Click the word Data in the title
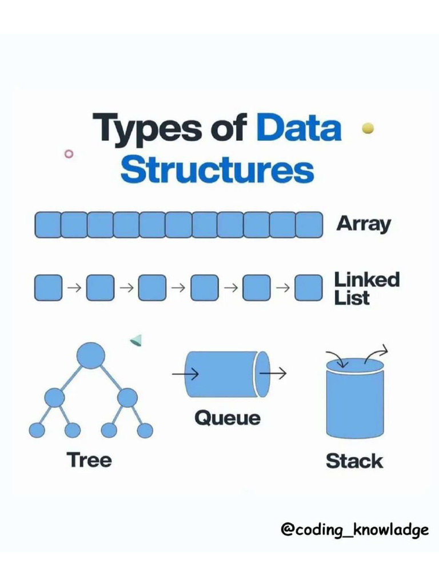(298, 128)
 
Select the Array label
(364, 224)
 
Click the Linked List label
(366, 288)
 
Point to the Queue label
(227, 418)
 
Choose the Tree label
(89, 460)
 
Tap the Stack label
(354, 460)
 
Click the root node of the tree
(91, 355)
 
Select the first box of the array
(47, 225)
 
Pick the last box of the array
(309, 225)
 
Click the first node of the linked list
(48, 288)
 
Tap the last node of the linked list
(309, 288)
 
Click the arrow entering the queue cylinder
(185, 375)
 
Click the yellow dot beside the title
(368, 128)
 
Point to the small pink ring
(69, 153)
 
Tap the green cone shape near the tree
(136, 341)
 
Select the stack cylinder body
(354, 406)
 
